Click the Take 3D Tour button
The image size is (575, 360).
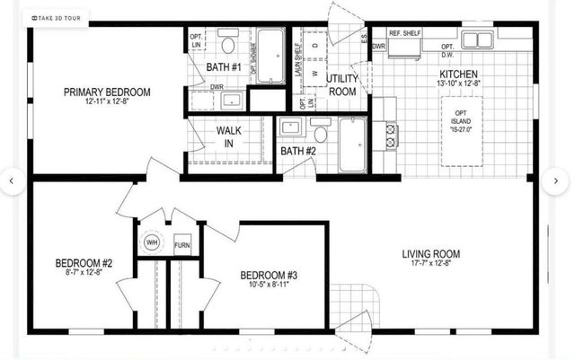coord(58,17)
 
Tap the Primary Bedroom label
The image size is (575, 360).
coord(106,92)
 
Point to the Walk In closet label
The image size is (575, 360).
coord(228,136)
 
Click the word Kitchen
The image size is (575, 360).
coord(457,75)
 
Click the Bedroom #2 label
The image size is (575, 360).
coord(84,263)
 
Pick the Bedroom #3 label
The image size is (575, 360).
coord(269,275)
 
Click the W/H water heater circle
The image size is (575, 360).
coord(152,241)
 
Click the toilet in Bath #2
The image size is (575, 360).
coord(320,132)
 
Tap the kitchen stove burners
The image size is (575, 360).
coord(392,135)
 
